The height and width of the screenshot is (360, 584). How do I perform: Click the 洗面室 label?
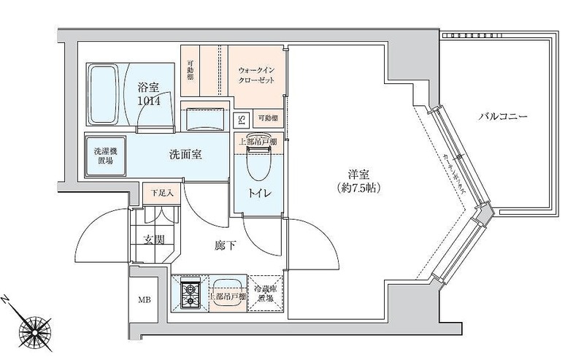point(185,155)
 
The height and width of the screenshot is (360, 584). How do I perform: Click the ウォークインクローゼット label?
point(256,75)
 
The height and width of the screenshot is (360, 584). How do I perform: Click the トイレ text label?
point(257,195)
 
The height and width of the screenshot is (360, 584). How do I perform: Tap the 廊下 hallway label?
point(226,246)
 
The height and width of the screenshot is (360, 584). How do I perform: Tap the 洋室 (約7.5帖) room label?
point(354,180)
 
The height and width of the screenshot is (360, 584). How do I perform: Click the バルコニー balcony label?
point(504,117)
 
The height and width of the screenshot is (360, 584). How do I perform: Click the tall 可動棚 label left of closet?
point(190,70)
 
